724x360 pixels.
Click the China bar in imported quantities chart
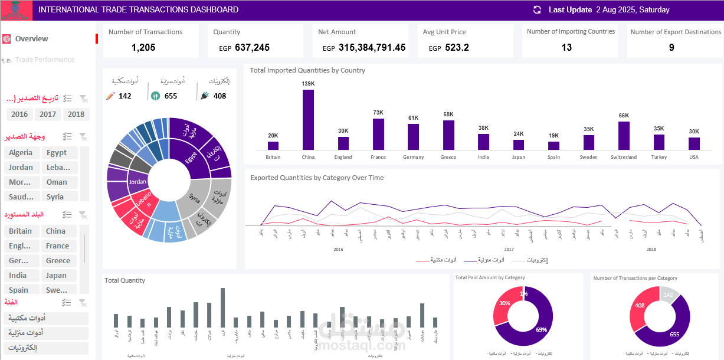[308, 120]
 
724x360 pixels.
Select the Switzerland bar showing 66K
[624, 136]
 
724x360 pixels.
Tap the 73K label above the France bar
[378, 112]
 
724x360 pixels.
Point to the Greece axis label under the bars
[448, 158]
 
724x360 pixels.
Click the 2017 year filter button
[48, 114]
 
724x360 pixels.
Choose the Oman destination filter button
[57, 182]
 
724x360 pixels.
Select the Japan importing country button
[57, 276]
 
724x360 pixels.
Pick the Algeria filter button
[21, 153]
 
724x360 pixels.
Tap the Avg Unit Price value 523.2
[457, 48]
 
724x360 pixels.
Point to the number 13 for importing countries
[566, 48]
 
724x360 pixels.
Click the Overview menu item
[32, 39]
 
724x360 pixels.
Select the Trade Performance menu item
[45, 60]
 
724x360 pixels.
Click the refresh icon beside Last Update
[537, 10]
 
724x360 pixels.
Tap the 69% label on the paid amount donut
[541, 329]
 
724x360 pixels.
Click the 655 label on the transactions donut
[674, 334]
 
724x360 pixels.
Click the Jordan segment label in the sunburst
[137, 182]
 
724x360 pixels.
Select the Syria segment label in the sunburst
[194, 197]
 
